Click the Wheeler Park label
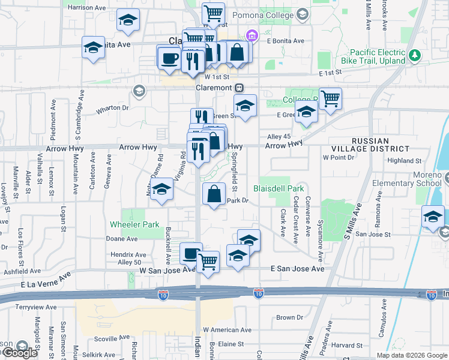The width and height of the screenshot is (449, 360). tap(134, 225)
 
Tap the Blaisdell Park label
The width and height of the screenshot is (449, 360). tap(279, 188)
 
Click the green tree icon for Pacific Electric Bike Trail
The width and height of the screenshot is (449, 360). tap(414, 56)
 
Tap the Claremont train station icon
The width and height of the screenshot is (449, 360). tap(239, 88)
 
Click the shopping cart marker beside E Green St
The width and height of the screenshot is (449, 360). tap(331, 98)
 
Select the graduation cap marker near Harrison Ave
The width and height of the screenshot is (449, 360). tap(127, 21)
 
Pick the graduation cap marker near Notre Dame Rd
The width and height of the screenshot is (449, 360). tap(161, 190)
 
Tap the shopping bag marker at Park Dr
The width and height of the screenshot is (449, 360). tap(214, 194)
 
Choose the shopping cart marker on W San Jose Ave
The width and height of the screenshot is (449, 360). tap(208, 261)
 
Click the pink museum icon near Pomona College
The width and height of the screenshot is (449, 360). tap(252, 37)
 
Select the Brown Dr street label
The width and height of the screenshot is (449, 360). tap(289, 317)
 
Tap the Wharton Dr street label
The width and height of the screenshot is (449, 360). tap(112, 109)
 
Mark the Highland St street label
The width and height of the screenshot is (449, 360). tap(404, 161)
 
